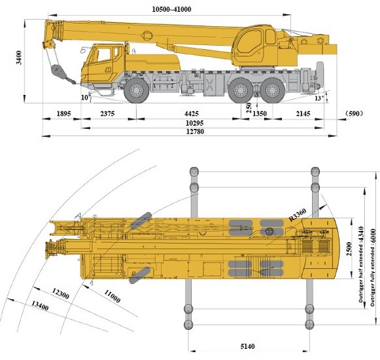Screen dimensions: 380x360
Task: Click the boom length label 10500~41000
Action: point(171,9)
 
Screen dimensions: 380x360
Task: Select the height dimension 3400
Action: point(19,58)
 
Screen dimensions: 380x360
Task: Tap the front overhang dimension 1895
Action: point(63,113)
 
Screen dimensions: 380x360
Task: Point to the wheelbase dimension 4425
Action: point(192,113)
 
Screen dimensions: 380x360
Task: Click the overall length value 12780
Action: point(195,132)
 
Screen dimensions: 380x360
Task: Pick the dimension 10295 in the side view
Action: point(195,123)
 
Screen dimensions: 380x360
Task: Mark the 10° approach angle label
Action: point(85,98)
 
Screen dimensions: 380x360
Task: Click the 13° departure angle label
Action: point(319,98)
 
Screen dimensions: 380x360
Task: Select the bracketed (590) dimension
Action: point(354,113)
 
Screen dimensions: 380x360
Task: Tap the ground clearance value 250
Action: point(249,108)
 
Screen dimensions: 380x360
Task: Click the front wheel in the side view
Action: point(137,90)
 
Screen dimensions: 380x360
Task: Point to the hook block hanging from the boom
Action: point(58,71)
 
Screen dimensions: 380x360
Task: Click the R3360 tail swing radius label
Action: point(298,215)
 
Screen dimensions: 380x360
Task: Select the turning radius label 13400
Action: point(41,306)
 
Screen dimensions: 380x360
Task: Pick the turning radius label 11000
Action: point(112,297)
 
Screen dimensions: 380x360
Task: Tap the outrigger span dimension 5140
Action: point(248,346)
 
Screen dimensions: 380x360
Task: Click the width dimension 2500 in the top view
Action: point(349,249)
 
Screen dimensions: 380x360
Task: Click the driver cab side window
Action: point(104,55)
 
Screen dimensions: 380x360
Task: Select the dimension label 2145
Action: point(303,113)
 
